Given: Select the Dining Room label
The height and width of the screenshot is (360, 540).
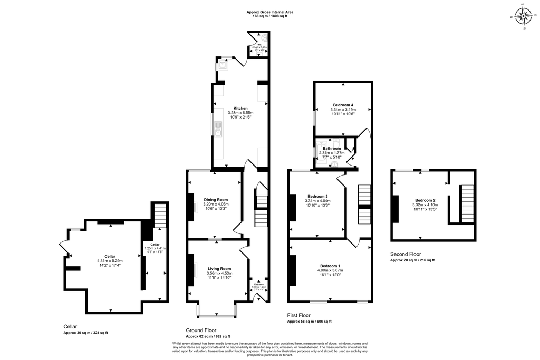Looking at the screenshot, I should pyautogui.click(x=216, y=200).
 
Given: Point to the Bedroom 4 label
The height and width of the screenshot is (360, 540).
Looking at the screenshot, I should pyautogui.click(x=343, y=105).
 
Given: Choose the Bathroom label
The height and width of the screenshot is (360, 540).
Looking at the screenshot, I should pyautogui.click(x=332, y=149).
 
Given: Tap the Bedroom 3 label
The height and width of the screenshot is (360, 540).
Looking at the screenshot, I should pyautogui.click(x=317, y=197).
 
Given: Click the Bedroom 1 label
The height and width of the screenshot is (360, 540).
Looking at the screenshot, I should pyautogui.click(x=330, y=266).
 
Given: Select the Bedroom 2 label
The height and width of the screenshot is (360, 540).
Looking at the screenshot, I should pyautogui.click(x=425, y=200).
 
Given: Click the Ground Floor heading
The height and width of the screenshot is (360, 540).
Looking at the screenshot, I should pyautogui.click(x=201, y=330).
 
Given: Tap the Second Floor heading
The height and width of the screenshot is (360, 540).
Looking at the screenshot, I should pyautogui.click(x=406, y=254).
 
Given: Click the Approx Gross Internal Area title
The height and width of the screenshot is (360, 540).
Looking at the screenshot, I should pyautogui.click(x=270, y=12).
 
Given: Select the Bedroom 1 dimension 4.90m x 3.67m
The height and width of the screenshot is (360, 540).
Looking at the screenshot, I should pyautogui.click(x=330, y=270).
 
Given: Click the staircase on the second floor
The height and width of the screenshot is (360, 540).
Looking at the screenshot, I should pyautogui.click(x=467, y=203).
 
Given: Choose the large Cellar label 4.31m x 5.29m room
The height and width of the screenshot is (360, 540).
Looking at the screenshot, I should pyautogui.click(x=110, y=256).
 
